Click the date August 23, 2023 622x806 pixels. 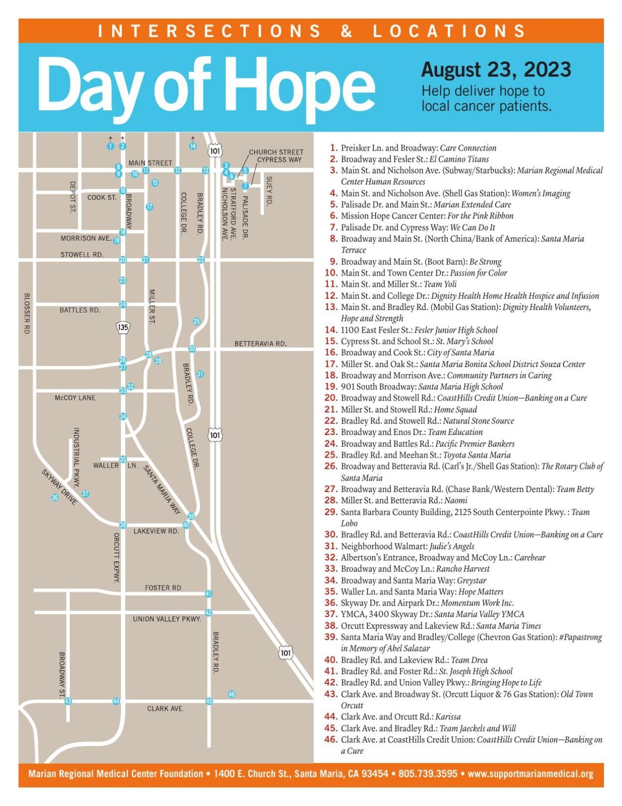(x=496, y=70)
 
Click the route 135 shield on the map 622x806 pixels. (x=122, y=327)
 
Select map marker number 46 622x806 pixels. (x=232, y=694)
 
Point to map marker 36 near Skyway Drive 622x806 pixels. (x=55, y=497)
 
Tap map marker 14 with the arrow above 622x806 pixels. (x=193, y=146)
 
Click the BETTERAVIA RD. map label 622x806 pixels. (x=260, y=343)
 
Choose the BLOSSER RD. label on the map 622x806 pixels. (x=27, y=314)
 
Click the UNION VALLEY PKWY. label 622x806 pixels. (x=167, y=619)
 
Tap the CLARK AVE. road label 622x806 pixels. (x=166, y=709)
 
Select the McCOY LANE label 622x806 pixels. (x=75, y=398)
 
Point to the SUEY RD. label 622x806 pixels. (x=269, y=190)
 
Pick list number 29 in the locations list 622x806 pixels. (x=330, y=512)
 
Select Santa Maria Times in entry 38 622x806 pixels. (x=508, y=626)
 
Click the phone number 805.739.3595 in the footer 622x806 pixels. (x=428, y=774)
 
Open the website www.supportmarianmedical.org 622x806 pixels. (x=531, y=774)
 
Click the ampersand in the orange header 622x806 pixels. (x=347, y=31)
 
